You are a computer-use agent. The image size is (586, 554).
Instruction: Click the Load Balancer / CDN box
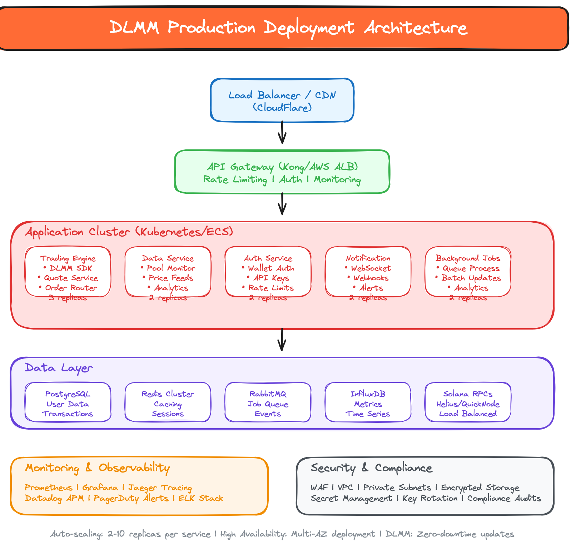(282, 100)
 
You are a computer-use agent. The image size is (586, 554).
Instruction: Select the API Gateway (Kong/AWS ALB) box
(282, 172)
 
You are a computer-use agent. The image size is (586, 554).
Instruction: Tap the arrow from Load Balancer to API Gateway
(282, 133)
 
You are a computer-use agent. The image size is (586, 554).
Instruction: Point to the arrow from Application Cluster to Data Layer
(282, 340)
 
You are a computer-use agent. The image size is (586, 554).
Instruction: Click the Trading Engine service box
(68, 272)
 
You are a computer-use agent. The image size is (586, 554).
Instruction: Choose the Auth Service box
(268, 272)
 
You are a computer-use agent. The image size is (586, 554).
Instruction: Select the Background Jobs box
(468, 272)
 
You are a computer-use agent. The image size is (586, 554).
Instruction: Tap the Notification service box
(368, 272)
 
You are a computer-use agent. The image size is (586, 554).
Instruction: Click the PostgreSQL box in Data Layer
(68, 402)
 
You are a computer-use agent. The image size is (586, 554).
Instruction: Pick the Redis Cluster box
(168, 402)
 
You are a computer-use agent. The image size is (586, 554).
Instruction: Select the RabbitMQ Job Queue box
(268, 402)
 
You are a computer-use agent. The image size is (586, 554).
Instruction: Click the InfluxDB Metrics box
(368, 402)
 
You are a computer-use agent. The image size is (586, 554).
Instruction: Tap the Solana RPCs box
(468, 402)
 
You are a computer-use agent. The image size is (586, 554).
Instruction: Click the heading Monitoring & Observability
(97, 468)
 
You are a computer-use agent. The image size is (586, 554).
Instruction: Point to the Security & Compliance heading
(371, 468)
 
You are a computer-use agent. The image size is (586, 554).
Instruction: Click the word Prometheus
(48, 488)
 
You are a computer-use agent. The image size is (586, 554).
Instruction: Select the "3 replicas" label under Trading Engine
(68, 298)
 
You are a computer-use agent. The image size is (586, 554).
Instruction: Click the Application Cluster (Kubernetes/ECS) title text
(129, 232)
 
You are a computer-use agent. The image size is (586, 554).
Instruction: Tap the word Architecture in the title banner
(416, 28)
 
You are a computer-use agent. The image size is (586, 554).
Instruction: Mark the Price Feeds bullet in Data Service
(171, 278)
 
